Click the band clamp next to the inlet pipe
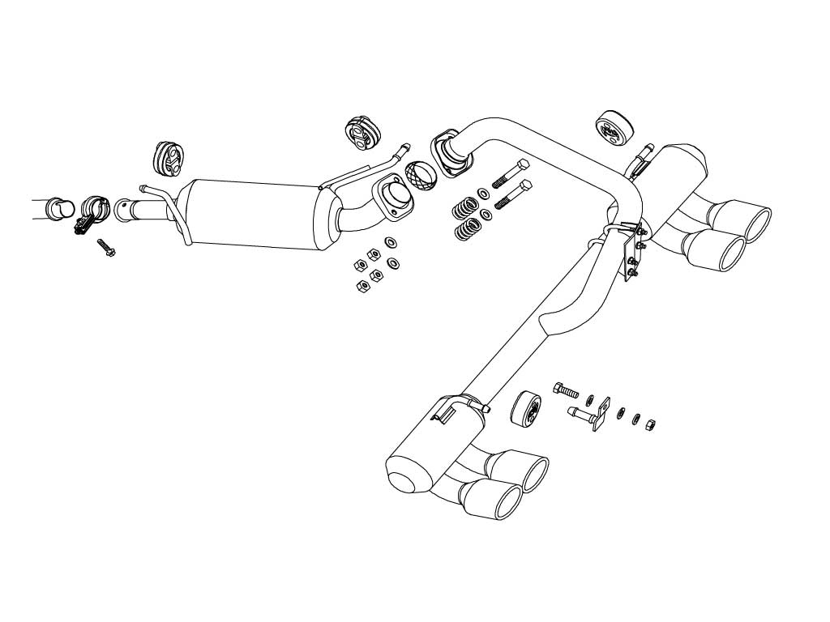(94, 213)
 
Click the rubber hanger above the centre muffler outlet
(359, 133)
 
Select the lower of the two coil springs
(466, 228)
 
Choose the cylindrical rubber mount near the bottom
(527, 408)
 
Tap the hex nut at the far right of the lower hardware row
(650, 424)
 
